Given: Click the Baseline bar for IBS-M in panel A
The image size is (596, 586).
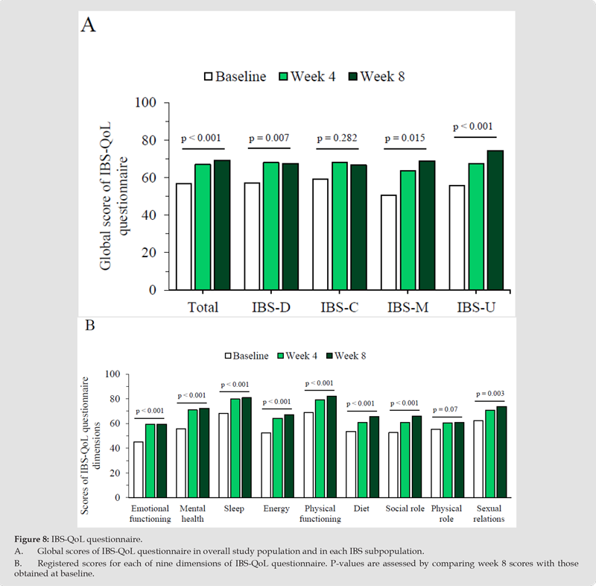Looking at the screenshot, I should (388, 242).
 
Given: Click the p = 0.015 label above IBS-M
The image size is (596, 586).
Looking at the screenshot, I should (404, 139).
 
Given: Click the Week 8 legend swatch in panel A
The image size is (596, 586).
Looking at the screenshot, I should (352, 76).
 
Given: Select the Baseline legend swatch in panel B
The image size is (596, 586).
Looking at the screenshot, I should (227, 356).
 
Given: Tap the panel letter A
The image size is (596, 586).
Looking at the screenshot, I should (88, 25).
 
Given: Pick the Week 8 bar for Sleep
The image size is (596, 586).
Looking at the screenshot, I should (247, 447).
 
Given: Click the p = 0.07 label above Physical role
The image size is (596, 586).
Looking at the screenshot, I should (446, 410).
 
